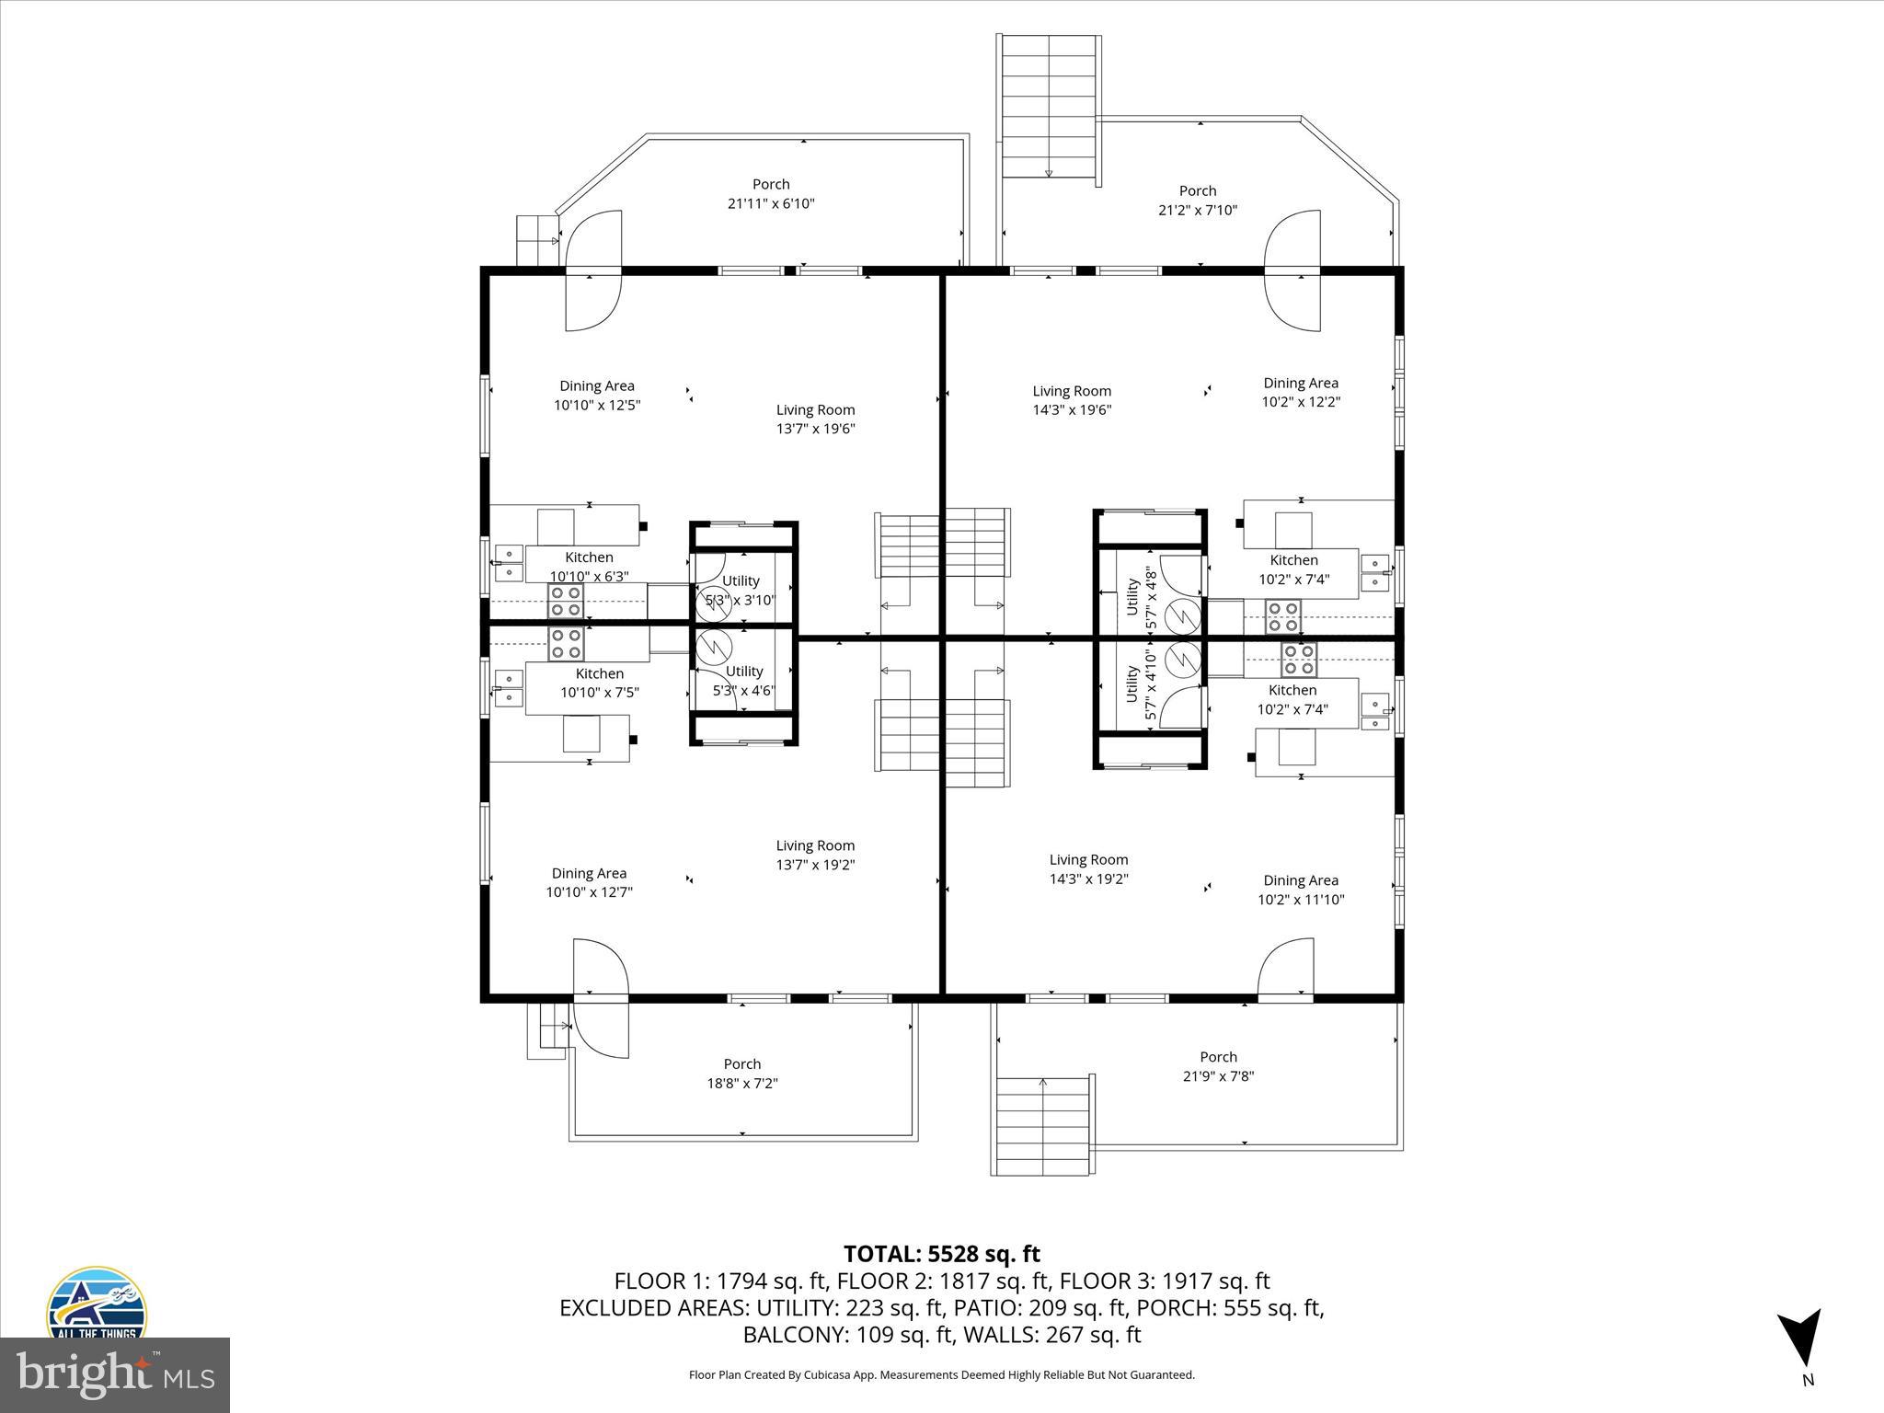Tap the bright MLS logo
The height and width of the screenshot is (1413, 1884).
[x=114, y=1375]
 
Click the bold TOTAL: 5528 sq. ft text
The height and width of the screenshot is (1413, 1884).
[x=941, y=1254]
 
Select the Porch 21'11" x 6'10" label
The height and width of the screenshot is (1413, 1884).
[x=771, y=194]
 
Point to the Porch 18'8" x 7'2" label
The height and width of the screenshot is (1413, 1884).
[x=741, y=1074]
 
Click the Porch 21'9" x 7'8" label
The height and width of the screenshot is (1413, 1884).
[x=1218, y=1066]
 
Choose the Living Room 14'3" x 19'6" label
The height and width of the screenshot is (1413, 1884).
[x=1072, y=400]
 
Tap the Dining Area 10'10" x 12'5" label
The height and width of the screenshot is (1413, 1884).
[x=597, y=396]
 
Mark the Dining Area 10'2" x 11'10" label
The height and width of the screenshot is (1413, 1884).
[x=1300, y=890]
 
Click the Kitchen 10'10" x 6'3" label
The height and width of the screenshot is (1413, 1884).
[x=589, y=567]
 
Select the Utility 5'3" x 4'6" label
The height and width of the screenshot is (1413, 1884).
[x=743, y=681]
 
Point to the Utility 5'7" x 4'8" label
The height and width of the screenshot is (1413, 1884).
[x=1140, y=597]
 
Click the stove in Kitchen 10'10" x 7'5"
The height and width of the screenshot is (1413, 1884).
[x=566, y=644]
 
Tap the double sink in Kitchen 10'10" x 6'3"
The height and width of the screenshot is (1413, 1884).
[x=508, y=563]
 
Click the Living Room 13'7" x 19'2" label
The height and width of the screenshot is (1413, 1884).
[x=815, y=855]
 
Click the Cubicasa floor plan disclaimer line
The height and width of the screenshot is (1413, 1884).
[x=941, y=1375]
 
